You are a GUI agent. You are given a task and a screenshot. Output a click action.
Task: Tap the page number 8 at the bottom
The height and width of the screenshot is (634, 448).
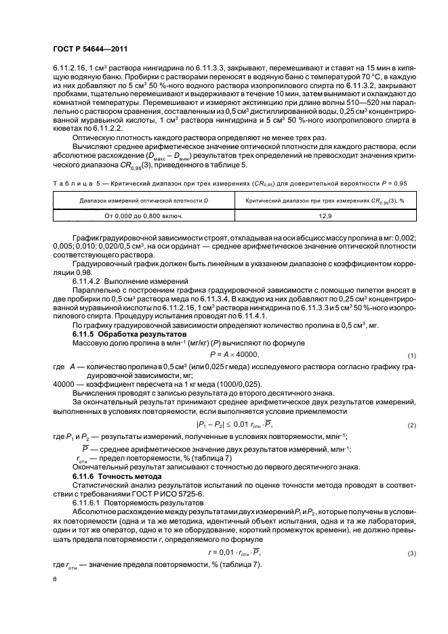56,579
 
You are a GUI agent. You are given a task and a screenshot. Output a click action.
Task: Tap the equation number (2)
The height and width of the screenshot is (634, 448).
411,425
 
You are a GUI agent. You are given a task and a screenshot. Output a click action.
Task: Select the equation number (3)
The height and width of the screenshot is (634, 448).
411,554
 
